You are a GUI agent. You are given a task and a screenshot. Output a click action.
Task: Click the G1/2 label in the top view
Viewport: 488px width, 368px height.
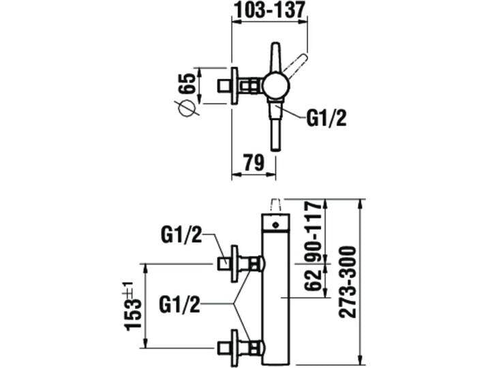[x=325, y=119]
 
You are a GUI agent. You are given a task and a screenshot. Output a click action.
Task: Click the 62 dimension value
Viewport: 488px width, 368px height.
[x=314, y=279]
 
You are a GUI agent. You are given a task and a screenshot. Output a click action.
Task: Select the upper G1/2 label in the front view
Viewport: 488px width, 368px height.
[x=181, y=236]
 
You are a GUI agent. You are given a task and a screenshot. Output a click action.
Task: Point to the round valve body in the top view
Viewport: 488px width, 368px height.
[x=275, y=86]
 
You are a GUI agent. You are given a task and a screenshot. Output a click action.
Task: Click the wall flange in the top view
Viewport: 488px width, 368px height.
[x=235, y=86]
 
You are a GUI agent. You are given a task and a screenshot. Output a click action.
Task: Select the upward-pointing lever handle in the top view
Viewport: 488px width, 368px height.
[x=275, y=57]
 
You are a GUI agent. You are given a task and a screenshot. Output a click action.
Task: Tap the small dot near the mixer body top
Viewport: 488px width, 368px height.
[x=275, y=223]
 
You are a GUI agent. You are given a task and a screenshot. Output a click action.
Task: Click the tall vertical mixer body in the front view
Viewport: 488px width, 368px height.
[x=275, y=293]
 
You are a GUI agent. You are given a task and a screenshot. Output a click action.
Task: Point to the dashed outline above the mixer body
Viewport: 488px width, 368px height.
[x=275, y=204]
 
